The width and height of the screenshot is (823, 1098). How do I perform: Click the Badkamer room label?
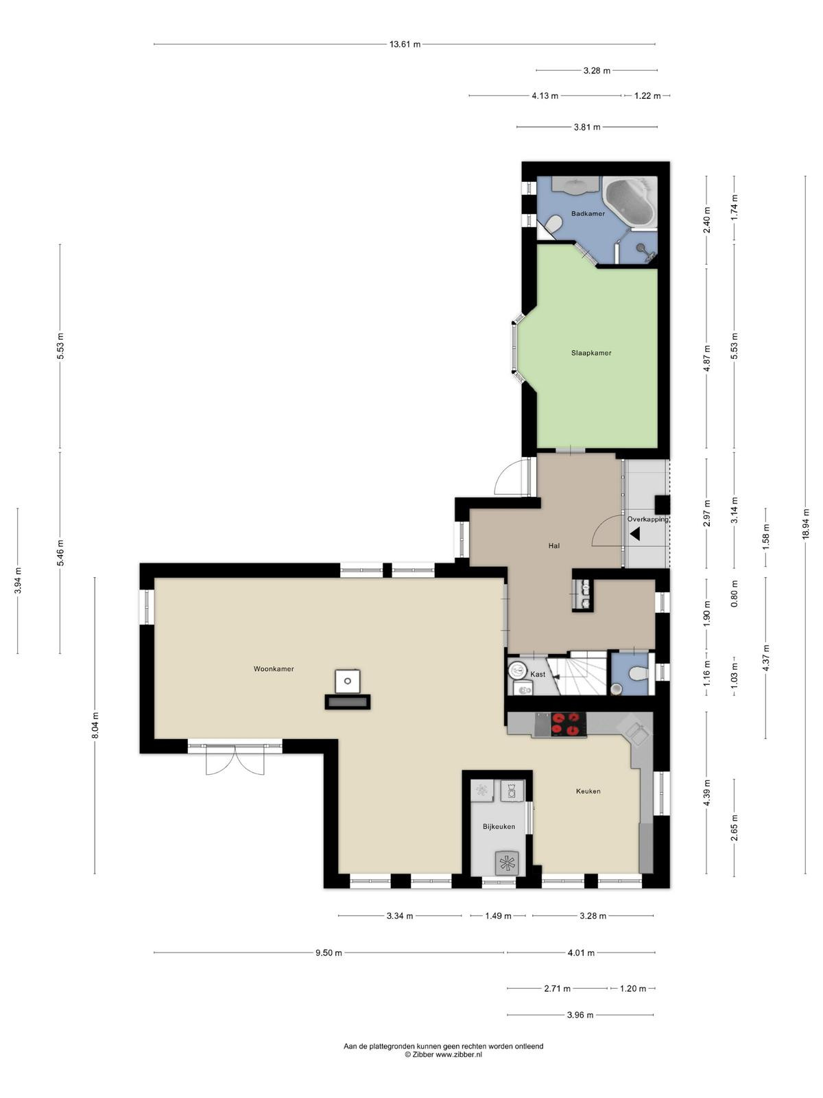coord(588,213)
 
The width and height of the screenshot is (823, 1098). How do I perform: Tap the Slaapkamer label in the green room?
coord(591,353)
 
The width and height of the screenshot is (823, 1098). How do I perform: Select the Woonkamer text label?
coord(274,669)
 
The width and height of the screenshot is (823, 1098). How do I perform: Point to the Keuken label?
coord(588,791)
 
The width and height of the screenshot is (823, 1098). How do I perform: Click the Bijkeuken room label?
coord(499,826)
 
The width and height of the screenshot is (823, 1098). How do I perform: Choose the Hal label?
coord(553,546)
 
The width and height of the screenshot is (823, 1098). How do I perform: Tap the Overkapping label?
coord(647,519)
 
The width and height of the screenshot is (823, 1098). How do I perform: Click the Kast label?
coord(538,675)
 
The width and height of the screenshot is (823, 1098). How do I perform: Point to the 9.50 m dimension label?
coord(329,953)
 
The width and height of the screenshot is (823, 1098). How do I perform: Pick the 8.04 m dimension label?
coord(95,724)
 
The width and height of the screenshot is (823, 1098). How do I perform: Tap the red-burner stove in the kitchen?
coord(568,724)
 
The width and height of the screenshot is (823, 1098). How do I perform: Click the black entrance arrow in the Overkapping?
coord(635,534)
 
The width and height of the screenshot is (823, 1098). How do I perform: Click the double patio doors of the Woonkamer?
coord(235,759)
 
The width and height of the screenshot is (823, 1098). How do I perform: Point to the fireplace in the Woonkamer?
coord(347,690)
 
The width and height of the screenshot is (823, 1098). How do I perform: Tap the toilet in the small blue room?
coord(638,674)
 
